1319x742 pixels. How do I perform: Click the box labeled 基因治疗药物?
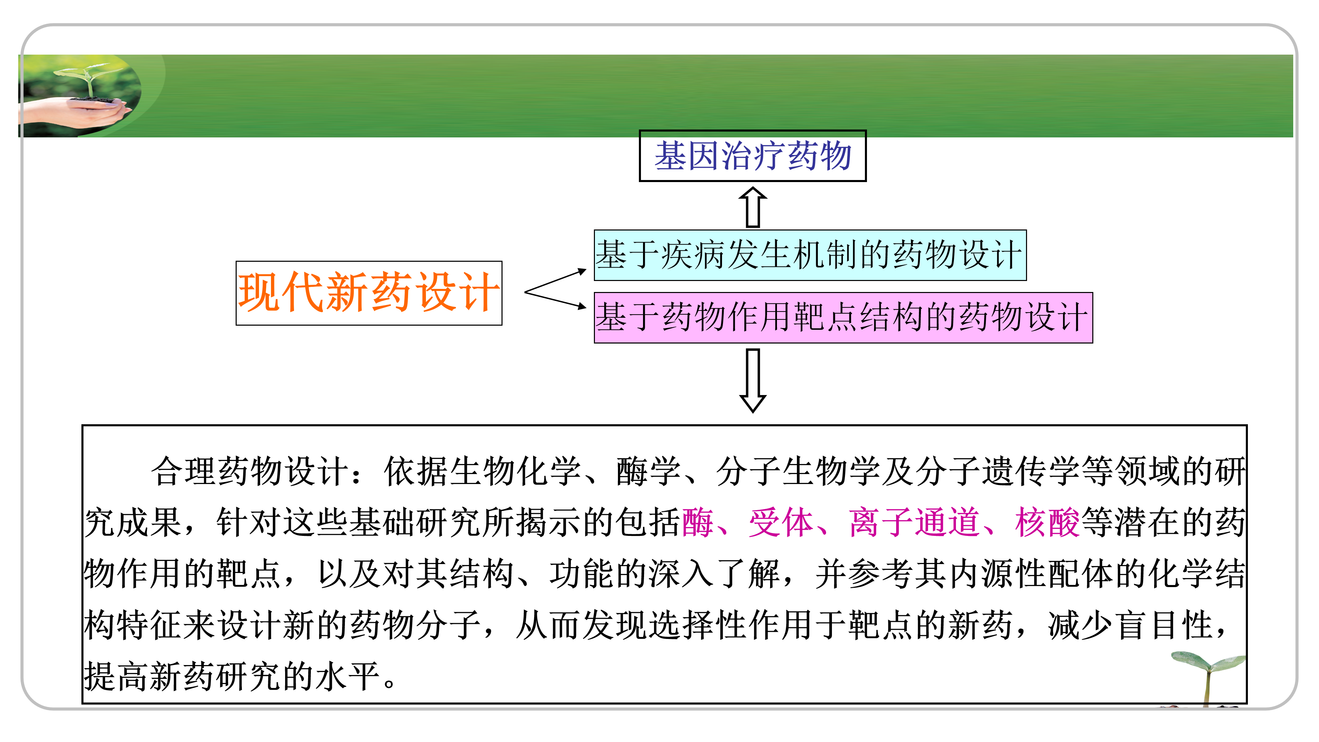752,156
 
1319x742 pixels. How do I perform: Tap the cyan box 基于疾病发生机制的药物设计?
810,255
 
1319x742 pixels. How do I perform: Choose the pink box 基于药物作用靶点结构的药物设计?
843,317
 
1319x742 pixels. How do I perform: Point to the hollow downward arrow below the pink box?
753,380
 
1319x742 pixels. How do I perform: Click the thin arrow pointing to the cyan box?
558,280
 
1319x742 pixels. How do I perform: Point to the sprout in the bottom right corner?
1208,676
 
